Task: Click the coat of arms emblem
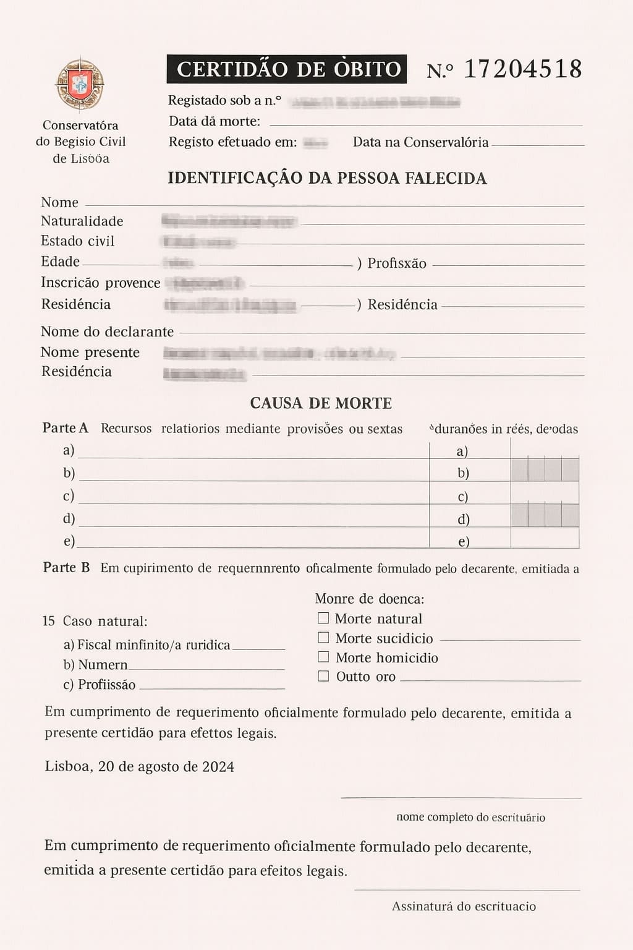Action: point(80,85)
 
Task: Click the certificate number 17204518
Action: point(522,69)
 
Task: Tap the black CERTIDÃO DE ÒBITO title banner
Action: point(287,69)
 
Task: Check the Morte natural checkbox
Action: point(323,618)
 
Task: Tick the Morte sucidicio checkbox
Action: point(323,637)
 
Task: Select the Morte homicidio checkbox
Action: point(323,656)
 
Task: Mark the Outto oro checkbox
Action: point(323,676)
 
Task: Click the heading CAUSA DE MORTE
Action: point(321,403)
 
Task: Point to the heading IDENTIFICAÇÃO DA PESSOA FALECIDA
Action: point(327,178)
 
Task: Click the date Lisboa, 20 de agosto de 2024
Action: point(139,767)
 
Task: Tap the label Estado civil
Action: point(78,241)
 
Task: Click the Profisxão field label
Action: point(397,263)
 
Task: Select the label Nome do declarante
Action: point(107,332)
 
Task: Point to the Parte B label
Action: point(66,567)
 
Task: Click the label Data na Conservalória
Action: point(420,142)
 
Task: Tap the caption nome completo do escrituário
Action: point(470,817)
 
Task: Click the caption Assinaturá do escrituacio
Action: point(464,906)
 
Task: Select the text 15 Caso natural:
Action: point(95,621)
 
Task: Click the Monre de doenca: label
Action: point(370,599)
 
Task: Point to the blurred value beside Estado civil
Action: point(198,241)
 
